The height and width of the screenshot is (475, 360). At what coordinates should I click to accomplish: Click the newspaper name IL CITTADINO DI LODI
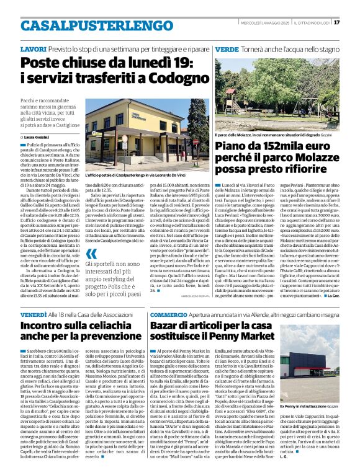point(313,22)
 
